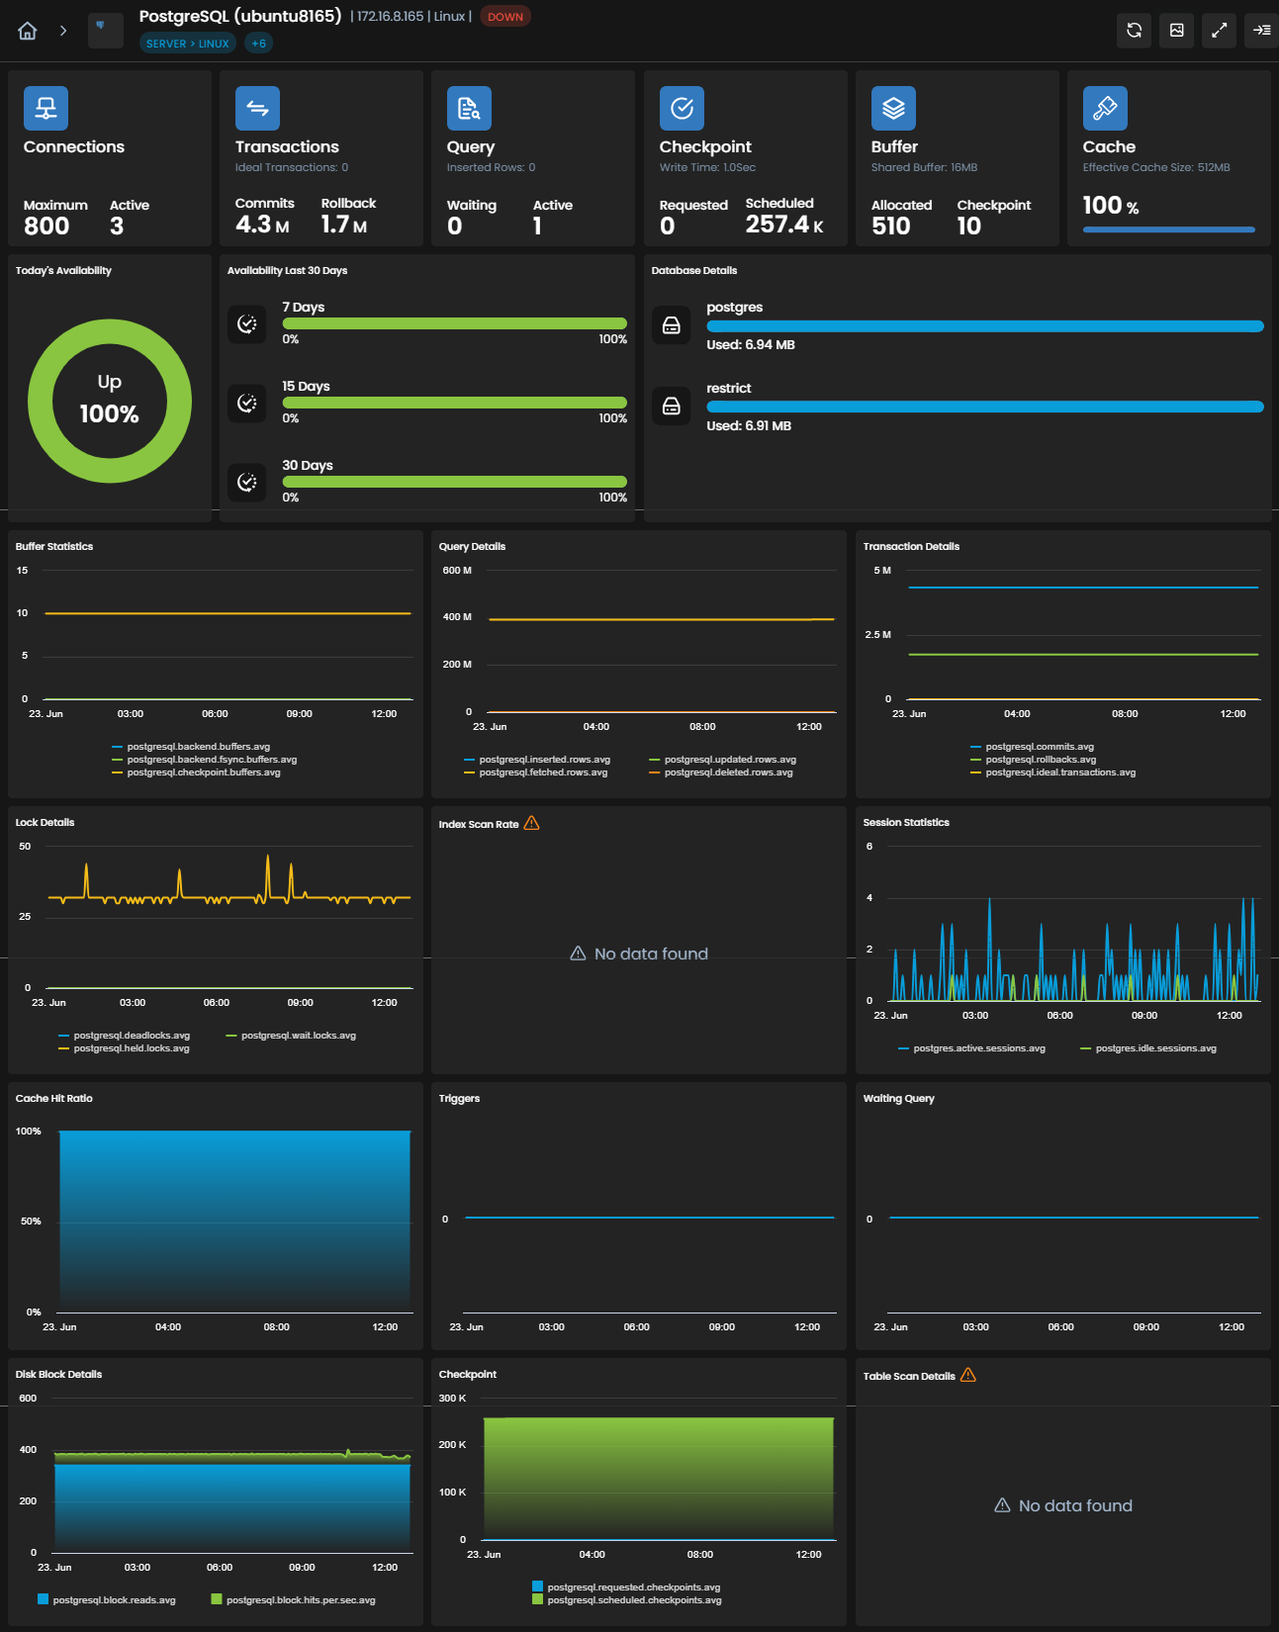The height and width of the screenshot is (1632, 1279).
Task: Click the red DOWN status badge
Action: [x=504, y=17]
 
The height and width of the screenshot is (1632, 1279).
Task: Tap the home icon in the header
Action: [x=27, y=31]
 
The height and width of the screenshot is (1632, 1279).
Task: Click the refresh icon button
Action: [x=1134, y=30]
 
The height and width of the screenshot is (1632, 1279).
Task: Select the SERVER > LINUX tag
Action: [x=187, y=44]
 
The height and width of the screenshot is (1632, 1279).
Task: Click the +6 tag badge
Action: [x=258, y=44]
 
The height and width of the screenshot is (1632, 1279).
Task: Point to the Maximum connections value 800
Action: [x=46, y=227]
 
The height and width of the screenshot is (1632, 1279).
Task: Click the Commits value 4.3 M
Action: [x=262, y=225]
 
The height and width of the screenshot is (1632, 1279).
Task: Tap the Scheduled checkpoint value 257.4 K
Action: [x=784, y=225]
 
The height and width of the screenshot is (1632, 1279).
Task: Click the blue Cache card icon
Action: [x=1105, y=108]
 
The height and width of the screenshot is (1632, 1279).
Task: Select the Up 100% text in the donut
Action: [x=110, y=400]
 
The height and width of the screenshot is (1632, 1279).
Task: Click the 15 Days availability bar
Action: [x=454, y=403]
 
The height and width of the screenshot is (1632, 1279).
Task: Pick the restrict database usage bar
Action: [x=984, y=408]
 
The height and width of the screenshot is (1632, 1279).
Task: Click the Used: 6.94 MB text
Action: [x=750, y=345]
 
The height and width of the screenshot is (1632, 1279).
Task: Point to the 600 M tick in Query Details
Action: [x=457, y=570]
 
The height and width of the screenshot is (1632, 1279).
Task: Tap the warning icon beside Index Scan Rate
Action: [x=532, y=823]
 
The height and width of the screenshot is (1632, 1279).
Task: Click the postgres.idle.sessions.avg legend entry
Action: [x=1148, y=1047]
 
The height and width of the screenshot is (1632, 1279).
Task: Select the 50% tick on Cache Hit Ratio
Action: [x=31, y=1222]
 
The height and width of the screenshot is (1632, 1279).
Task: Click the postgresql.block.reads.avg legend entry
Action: [x=107, y=1599]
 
